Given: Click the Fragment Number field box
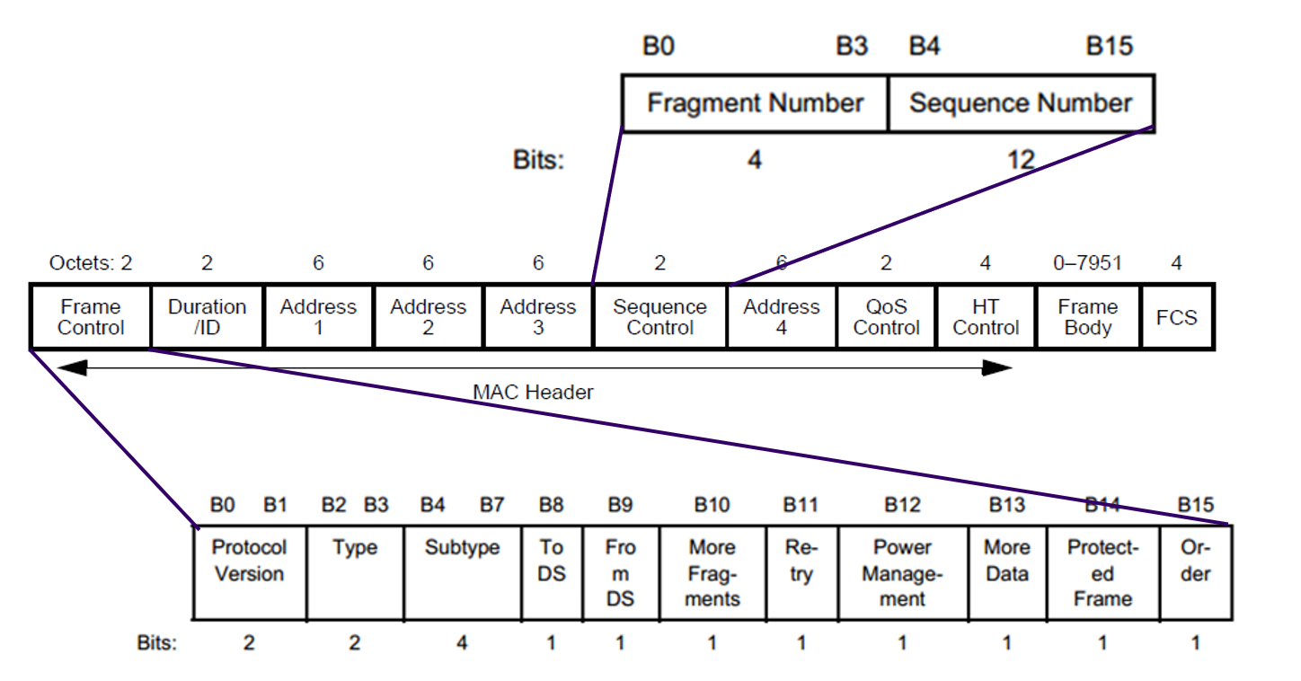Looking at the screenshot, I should point(755,103).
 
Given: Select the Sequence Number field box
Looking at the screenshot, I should point(1021,103).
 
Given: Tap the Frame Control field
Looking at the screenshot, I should point(91,317).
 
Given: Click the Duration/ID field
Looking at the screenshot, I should point(207,317).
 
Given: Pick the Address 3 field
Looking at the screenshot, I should point(537,317).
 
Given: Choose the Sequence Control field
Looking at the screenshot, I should point(659,317).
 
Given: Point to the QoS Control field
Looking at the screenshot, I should point(886,317).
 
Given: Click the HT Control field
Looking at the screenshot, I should point(986,317).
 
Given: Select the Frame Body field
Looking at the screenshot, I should point(1087,317).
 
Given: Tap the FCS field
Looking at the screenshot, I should point(1177,317).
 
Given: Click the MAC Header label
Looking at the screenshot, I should point(533,393).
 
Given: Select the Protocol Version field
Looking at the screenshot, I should point(249,572).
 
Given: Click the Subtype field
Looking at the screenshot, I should point(462,572).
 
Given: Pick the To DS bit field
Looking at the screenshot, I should point(552,572).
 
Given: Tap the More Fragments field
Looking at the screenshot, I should point(712,572).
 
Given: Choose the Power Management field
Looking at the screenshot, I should point(902,572).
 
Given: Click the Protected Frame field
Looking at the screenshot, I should point(1102,572).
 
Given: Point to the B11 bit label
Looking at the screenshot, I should point(801,506).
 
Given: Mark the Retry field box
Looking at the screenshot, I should point(801,572).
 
